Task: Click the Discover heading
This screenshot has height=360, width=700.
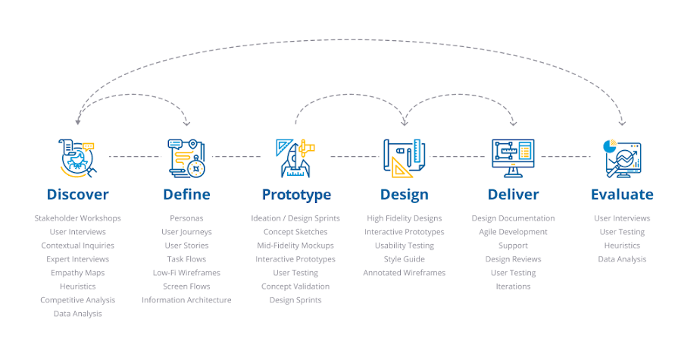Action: click(77, 195)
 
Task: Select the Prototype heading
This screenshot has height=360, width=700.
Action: click(296, 195)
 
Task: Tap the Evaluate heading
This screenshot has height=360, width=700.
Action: click(622, 195)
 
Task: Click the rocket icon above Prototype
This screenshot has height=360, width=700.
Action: click(295, 157)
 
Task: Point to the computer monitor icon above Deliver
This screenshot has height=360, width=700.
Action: click(514, 157)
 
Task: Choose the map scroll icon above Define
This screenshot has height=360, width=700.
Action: click(186, 157)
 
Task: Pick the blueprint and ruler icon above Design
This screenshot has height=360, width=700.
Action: click(405, 157)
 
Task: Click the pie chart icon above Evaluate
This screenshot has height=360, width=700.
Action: click(621, 157)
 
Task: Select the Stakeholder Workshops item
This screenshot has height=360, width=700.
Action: click(77, 218)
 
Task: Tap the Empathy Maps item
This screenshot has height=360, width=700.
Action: click(77, 273)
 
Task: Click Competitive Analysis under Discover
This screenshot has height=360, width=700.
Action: click(77, 300)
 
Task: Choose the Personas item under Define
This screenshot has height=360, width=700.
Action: click(186, 218)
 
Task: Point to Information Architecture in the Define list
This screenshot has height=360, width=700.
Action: click(186, 300)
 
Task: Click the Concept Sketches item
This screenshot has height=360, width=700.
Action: click(295, 232)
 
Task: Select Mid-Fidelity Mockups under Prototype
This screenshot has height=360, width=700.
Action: click(295, 246)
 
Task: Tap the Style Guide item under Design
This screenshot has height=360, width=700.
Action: click(405, 259)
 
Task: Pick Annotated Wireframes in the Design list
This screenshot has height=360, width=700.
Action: click(405, 273)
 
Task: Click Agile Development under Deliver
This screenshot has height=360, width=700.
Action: click(513, 232)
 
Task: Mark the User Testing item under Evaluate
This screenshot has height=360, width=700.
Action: click(622, 232)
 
